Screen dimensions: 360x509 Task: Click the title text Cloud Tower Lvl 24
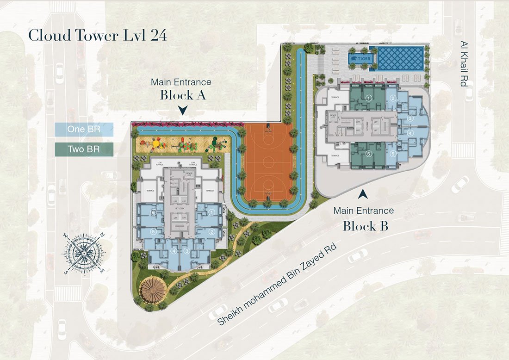pos(97,35)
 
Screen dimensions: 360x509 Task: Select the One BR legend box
pos(84,129)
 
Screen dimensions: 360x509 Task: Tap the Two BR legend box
pos(84,149)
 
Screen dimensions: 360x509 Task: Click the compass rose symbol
pos(83,254)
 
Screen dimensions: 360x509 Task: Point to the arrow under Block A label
pos(183,111)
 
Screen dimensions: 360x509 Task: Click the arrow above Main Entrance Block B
pos(364,196)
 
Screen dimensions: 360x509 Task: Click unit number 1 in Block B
pos(369,98)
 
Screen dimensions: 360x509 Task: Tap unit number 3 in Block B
pos(410,118)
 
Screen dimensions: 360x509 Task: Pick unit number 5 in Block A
pos(153,231)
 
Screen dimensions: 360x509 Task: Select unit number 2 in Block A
pos(212,231)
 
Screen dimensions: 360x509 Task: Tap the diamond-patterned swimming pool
pos(401,58)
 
